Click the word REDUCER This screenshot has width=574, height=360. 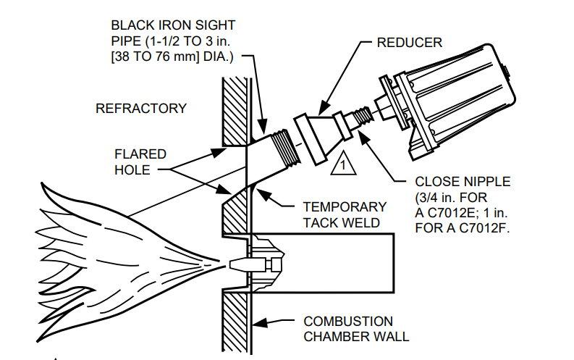coord(409,43)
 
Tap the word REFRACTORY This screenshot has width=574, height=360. coord(140,109)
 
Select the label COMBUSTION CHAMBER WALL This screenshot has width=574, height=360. coord(348,328)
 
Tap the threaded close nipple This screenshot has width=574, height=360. coord(361,115)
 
